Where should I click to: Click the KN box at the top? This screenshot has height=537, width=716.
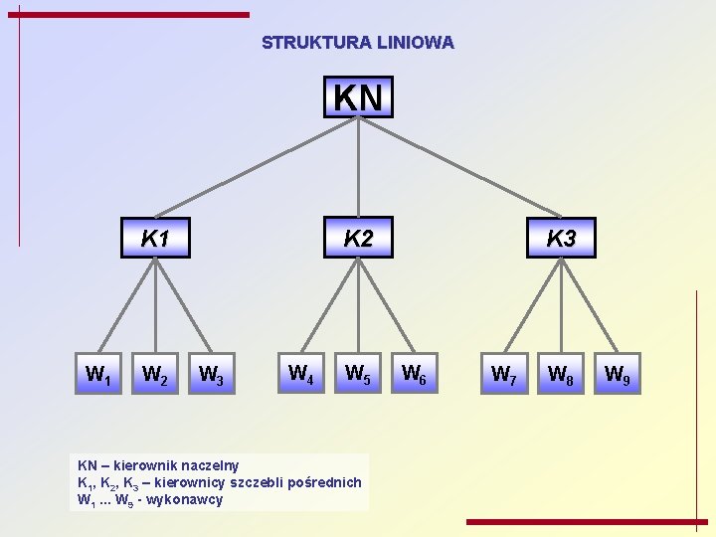pyautogui.click(x=358, y=97)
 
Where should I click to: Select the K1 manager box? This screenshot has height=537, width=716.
pyautogui.click(x=155, y=239)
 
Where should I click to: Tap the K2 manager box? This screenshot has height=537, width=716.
pyautogui.click(x=358, y=239)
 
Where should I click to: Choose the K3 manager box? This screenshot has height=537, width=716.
pyautogui.click(x=561, y=239)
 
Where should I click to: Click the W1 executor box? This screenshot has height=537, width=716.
pyautogui.click(x=98, y=375)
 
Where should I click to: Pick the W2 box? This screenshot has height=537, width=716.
pyautogui.click(x=155, y=375)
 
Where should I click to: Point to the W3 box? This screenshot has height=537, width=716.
pyautogui.click(x=212, y=375)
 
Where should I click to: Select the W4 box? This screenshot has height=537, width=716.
pyautogui.click(x=301, y=374)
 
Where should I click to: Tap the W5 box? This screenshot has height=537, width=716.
pyautogui.click(x=358, y=374)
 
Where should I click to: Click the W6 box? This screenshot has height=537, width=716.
pyautogui.click(x=415, y=374)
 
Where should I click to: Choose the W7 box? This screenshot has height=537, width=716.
pyautogui.click(x=504, y=375)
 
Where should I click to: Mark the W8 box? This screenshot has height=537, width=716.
pyautogui.click(x=561, y=375)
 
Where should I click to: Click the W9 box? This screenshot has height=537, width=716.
pyautogui.click(x=618, y=375)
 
